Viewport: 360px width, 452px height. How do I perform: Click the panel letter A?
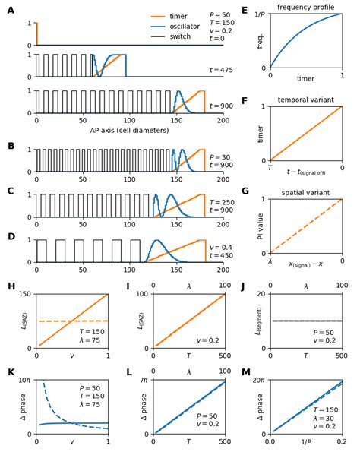coord(11,11)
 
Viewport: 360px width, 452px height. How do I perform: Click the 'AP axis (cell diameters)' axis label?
coord(130,130)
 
